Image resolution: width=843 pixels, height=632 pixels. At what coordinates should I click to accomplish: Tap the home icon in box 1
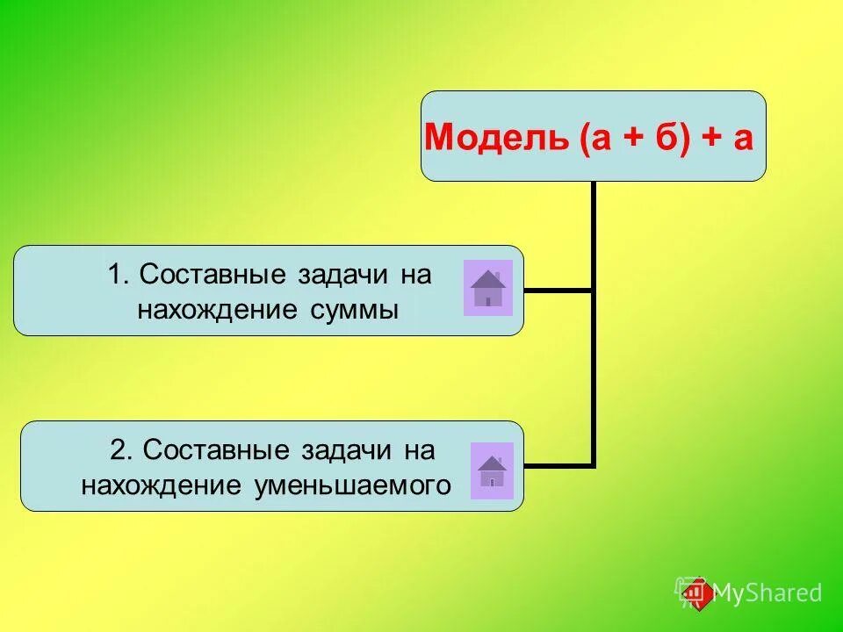(487, 288)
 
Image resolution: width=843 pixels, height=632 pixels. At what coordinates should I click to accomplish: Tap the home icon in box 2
(492, 470)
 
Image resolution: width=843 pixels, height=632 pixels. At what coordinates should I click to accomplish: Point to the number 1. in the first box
(119, 275)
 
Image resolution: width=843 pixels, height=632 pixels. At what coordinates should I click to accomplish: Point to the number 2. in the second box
(122, 450)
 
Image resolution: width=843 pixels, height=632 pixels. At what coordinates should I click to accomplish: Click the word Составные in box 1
(213, 275)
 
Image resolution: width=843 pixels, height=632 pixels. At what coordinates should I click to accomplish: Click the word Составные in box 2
(216, 450)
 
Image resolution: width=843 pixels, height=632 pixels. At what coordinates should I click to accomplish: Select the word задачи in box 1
(336, 275)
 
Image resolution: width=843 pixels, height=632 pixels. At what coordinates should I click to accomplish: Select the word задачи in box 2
(340, 450)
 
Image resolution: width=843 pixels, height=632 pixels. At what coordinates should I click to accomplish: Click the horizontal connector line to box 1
(558, 290)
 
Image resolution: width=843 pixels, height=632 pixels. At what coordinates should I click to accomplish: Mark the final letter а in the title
(743, 139)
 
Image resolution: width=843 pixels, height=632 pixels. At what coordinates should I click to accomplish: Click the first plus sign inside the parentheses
(631, 139)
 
